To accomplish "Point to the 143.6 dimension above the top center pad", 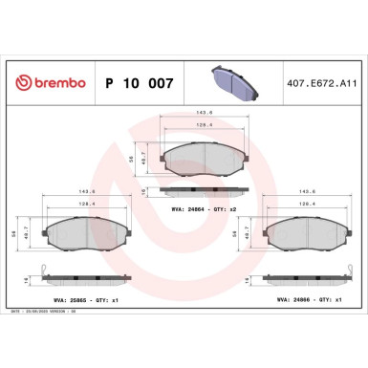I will (x=203, y=112).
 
